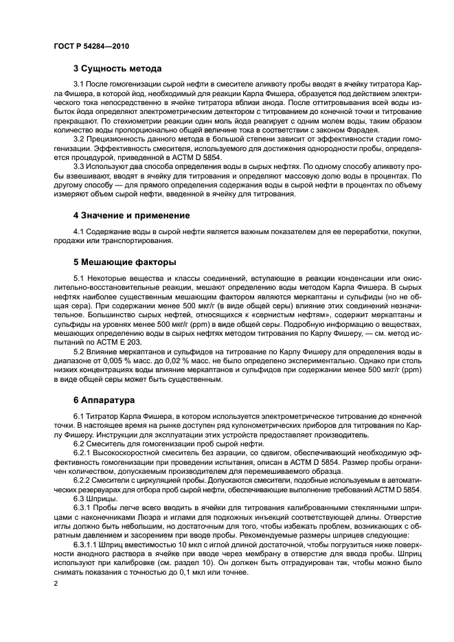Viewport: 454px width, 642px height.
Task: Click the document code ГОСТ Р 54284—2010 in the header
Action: [x=91, y=46]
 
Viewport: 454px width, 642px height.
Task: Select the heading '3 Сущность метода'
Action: [x=117, y=69]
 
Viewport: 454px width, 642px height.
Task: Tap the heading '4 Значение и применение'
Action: [x=131, y=215]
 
